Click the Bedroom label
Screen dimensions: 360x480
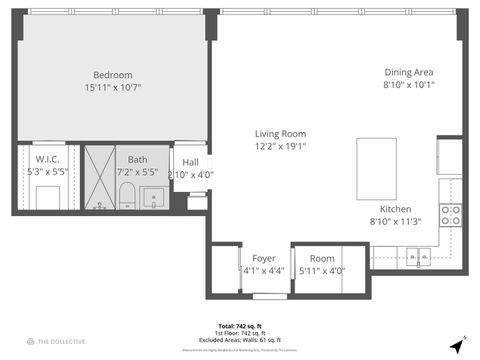pos(113,75)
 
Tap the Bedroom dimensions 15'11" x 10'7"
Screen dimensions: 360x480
pos(113,88)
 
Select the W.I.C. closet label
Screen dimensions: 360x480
pos(47,160)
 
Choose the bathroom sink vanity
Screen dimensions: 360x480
pos(154,196)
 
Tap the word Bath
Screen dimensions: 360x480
pos(137,160)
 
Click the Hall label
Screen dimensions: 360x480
pos(190,162)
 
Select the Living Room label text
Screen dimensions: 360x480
pos(280,134)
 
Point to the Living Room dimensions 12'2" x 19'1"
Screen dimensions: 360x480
pos(280,147)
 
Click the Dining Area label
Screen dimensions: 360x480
pos(409,72)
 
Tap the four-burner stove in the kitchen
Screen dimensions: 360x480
pos(451,215)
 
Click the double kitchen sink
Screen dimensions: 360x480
pos(420,252)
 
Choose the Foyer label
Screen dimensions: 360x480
pos(264,258)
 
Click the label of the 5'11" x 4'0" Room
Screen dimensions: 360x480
pos(322,258)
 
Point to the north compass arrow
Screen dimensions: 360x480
pos(457,345)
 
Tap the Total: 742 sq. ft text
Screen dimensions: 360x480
pos(239,326)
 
